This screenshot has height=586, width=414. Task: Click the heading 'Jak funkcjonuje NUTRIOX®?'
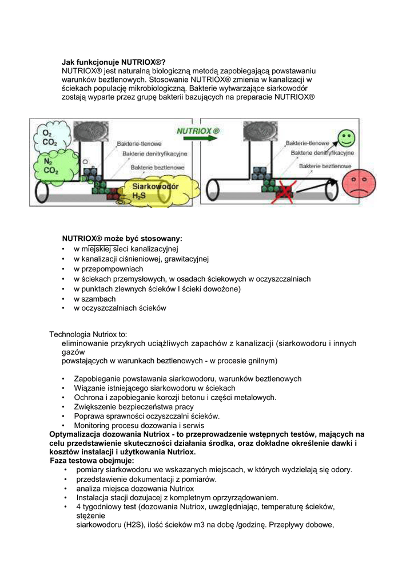pyautogui.click(x=114, y=62)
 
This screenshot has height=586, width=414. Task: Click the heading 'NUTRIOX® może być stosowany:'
pyautogui.click(x=122, y=239)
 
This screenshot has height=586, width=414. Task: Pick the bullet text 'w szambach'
pyautogui.click(x=94, y=299)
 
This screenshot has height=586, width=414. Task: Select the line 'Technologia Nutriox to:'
pyautogui.click(x=88, y=334)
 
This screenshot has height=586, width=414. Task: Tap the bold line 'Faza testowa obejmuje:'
pyautogui.click(x=92, y=460)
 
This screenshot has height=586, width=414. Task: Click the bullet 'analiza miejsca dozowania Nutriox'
pyautogui.click(x=134, y=488)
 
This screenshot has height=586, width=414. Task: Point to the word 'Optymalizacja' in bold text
pyautogui.click(x=77, y=434)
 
